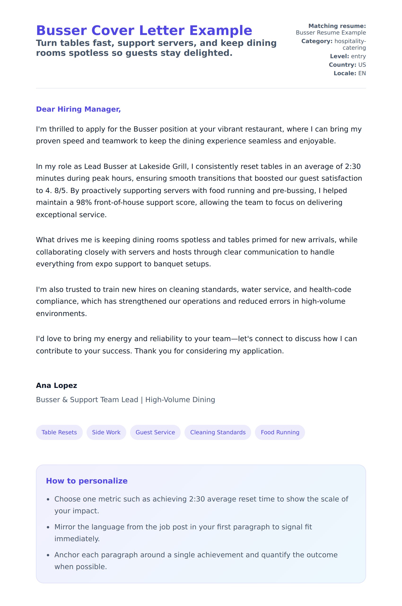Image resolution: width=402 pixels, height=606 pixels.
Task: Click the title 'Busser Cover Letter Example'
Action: tap(144, 31)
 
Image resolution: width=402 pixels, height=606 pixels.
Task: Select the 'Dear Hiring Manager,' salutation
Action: tap(78, 109)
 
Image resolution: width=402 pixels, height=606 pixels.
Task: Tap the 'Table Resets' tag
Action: tap(59, 432)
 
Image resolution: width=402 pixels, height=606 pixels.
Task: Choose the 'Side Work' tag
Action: tap(106, 432)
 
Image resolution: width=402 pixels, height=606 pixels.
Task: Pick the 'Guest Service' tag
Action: tap(155, 432)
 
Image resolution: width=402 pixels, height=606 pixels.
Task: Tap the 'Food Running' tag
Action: tap(280, 432)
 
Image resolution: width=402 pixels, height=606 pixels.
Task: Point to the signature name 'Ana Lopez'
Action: tap(57, 386)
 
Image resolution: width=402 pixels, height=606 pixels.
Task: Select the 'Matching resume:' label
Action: tap(337, 26)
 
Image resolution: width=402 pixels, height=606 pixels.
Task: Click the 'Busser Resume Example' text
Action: tap(331, 33)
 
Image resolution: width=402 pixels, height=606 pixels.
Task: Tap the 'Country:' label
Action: tap(342, 65)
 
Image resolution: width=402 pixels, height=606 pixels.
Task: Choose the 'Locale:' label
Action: tap(345, 73)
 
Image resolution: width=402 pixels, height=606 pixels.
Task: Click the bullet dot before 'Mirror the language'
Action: tap(48, 527)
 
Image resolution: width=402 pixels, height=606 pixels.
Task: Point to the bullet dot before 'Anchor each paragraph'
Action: tap(48, 555)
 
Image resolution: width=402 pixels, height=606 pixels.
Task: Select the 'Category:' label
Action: tap(317, 41)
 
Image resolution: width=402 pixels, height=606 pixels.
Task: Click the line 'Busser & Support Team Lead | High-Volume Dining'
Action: tap(125, 400)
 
